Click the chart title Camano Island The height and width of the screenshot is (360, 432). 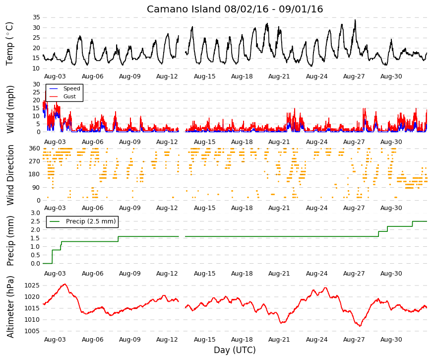(184, 9)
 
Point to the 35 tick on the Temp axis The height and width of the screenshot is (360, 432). (36, 17)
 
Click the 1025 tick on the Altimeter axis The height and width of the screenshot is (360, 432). (32, 286)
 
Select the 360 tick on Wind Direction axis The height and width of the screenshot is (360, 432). (35, 148)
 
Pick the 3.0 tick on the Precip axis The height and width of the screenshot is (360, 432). (35, 213)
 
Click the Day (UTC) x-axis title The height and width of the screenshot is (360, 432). (235, 350)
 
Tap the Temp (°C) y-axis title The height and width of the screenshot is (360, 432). (9, 44)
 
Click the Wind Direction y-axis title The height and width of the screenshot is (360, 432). (10, 175)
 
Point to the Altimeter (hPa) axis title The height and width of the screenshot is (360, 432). (10, 307)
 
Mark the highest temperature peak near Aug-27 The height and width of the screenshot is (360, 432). (355, 20)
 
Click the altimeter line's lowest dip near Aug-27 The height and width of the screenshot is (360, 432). (360, 326)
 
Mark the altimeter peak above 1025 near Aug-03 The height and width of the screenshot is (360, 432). (65, 284)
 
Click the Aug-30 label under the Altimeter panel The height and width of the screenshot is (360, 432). (391, 340)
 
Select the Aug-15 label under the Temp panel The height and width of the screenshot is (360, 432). (204, 76)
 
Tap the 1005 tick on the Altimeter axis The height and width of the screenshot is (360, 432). (32, 331)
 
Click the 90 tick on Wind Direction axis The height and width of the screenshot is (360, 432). (37, 188)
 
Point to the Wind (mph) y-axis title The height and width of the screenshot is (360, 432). (10, 110)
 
